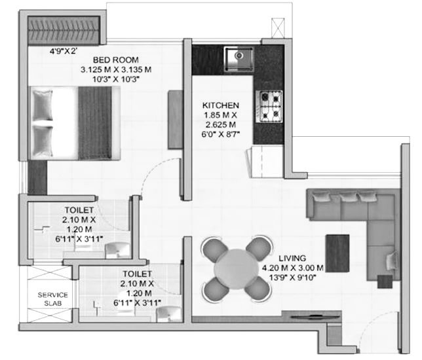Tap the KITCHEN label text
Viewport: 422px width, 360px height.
click(x=220, y=105)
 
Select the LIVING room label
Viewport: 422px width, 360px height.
click(x=292, y=259)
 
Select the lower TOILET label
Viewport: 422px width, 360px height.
click(x=136, y=274)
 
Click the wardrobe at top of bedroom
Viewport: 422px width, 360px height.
click(x=65, y=29)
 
